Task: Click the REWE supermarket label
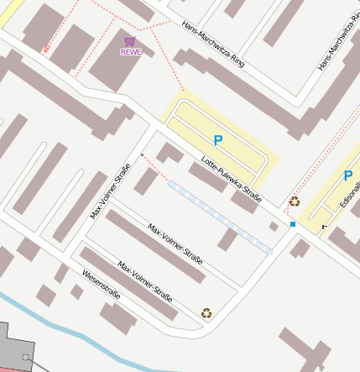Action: point(130,52)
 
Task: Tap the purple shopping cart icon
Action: point(129,41)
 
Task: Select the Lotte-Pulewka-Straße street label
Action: point(232,181)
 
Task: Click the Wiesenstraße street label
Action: point(102,285)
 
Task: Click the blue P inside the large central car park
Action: point(218,141)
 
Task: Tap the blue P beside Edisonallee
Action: point(347,176)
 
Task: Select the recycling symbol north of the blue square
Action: point(294,202)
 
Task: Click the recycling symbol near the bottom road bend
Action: point(206,313)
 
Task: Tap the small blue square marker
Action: point(293,224)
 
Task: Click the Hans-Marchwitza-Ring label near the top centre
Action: point(212,45)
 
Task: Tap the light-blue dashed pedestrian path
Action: point(220,216)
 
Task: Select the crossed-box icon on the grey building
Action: point(26,358)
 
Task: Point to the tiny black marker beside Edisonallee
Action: point(324,228)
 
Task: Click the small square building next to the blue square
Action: point(274,226)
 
